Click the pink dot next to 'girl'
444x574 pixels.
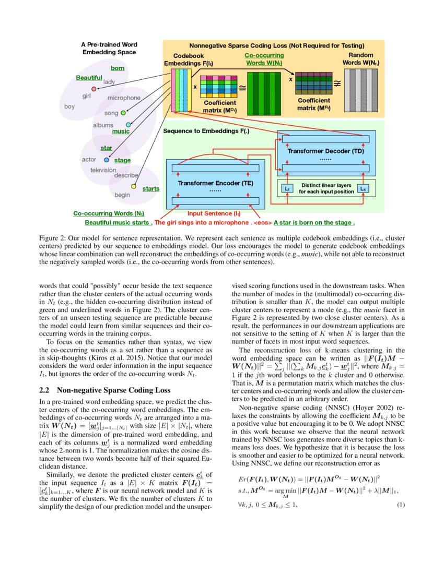click(x=94, y=89)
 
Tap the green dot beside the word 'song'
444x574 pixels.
click(x=123, y=113)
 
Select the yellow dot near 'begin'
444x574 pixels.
click(x=133, y=186)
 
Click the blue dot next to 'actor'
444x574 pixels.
click(x=107, y=160)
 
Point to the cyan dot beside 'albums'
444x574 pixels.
click(x=128, y=125)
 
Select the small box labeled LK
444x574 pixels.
click(x=363, y=188)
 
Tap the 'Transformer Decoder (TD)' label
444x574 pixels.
click(x=325, y=150)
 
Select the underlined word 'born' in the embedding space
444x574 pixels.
click(x=118, y=68)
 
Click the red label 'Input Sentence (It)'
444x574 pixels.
click(x=214, y=213)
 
